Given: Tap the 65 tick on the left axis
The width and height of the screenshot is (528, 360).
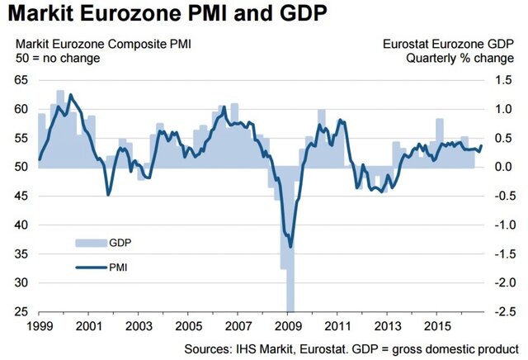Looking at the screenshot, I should click(x=18, y=80).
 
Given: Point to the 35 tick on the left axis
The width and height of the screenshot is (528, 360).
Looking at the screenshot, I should click(x=18, y=253).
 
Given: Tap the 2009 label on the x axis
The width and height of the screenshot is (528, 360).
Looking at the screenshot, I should click(x=289, y=326).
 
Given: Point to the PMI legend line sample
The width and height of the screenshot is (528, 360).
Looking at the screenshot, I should click(x=92, y=267).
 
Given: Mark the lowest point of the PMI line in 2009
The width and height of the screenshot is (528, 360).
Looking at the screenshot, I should click(x=290, y=246).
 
